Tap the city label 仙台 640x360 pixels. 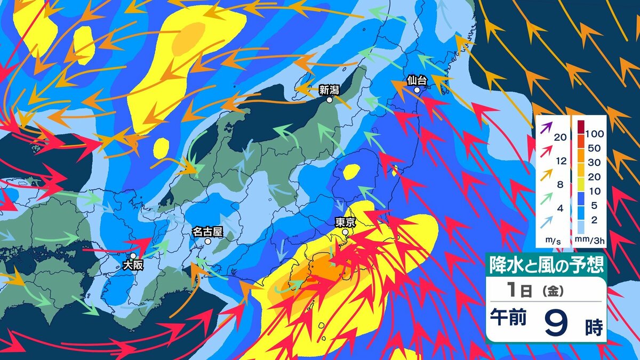coord(417,81)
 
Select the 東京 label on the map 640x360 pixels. coord(346,222)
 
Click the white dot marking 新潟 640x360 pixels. coord(330,100)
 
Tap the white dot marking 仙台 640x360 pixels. coord(418,90)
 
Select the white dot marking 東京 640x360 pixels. coord(346,232)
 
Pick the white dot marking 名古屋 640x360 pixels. coord(208,241)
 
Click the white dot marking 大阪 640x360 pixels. coord(133,255)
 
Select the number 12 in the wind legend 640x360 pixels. coord(559,159)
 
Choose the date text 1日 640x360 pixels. coord(519,291)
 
